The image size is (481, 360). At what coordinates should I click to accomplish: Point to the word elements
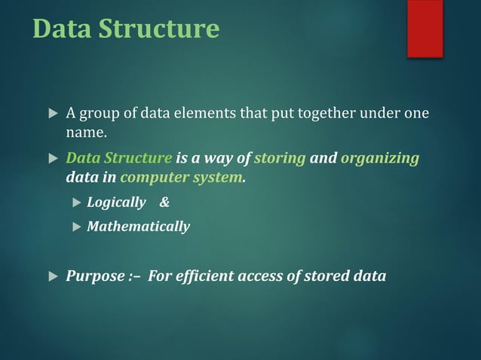(188, 114)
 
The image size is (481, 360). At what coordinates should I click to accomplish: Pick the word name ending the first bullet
(85, 133)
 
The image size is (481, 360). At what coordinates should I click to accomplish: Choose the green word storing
(280, 159)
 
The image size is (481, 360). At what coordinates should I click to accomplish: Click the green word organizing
(380, 159)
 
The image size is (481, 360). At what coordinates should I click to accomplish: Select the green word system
(219, 178)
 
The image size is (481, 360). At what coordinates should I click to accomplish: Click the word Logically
(116, 203)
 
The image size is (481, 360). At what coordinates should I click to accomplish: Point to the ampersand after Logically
(165, 203)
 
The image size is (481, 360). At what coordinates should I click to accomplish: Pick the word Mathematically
(139, 226)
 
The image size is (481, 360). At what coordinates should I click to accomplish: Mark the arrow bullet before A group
(52, 115)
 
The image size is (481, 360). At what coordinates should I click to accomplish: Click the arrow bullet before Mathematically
(75, 226)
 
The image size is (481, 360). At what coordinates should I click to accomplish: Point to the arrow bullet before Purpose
(52, 276)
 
